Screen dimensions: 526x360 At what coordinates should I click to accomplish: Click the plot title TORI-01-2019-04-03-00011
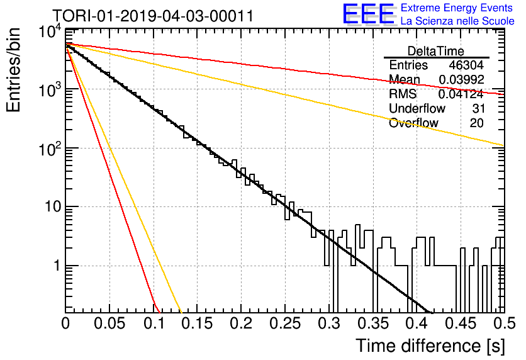point(153,16)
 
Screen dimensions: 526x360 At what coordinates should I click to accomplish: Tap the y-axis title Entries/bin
point(13,70)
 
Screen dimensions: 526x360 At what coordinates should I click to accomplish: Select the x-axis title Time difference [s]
point(430,346)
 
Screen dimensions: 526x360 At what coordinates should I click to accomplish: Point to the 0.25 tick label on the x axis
point(285,323)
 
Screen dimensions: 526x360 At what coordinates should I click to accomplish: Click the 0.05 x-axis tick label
point(109,323)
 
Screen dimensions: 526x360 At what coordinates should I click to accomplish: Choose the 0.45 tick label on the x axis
point(461,323)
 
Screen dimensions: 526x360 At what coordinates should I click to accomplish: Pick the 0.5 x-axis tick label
point(504,323)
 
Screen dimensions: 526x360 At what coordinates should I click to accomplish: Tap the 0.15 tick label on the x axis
point(197,323)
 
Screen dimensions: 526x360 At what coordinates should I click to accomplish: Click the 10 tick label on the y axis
point(53,206)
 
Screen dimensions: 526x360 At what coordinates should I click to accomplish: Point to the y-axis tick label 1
point(57,266)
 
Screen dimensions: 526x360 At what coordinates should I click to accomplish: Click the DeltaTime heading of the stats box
point(436,51)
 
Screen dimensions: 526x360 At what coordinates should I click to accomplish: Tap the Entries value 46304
point(466,65)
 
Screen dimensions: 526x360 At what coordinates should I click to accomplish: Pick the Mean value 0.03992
point(462,79)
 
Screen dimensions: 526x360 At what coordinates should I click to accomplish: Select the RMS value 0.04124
point(461,94)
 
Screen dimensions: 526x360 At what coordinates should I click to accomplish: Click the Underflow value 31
point(478,108)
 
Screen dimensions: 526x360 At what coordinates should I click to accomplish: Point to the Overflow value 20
point(477,123)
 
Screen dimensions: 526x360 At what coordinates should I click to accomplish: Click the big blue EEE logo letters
point(369,14)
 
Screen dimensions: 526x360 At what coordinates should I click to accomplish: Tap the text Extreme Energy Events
point(457,8)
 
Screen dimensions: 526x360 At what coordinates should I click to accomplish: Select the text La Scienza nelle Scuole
point(457,21)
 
